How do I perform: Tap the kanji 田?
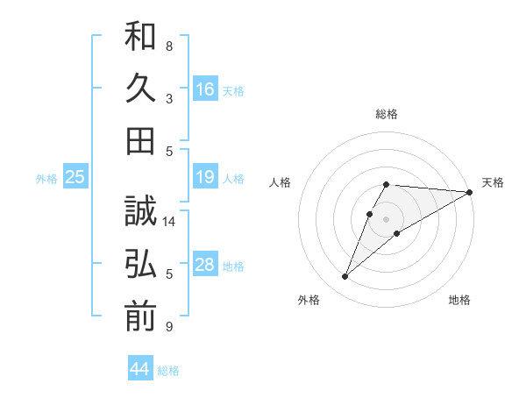point(140,139)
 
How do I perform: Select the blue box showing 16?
point(205,89)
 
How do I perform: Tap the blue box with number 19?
point(205,178)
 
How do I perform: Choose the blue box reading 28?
point(205,266)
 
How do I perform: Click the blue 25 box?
point(75,178)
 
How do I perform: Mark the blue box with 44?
point(140,369)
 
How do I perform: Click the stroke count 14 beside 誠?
point(169,222)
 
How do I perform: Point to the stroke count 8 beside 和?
point(169,46)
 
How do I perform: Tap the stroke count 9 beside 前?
point(169,327)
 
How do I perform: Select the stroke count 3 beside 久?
point(169,99)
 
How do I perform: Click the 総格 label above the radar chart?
point(387,114)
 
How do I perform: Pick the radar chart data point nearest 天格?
point(470,193)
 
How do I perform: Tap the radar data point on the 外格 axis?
point(345,277)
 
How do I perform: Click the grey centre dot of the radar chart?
point(386,218)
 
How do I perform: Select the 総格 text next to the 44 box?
point(168,371)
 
